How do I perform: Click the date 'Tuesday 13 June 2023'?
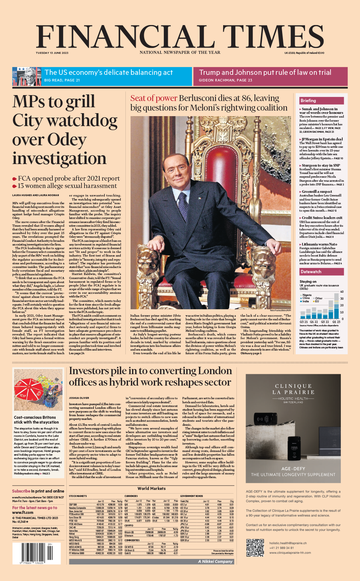[x=52, y=53]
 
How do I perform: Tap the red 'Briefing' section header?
[x=308, y=101]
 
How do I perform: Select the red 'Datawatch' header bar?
[x=311, y=272]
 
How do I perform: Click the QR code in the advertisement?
[x=255, y=547]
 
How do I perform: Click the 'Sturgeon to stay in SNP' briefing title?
[x=321, y=166]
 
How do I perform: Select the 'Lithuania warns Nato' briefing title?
[x=319, y=244]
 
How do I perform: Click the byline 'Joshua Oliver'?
[x=79, y=398]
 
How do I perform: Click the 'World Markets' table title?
[x=152, y=488]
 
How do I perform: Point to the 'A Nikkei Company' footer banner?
[x=215, y=561]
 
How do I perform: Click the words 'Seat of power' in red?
[x=154, y=98]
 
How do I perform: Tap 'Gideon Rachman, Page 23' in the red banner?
[x=225, y=80]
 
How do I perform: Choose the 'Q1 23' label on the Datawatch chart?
[x=336, y=322]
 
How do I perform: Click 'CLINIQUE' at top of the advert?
[x=293, y=386]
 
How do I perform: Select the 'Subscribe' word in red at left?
[x=21, y=491]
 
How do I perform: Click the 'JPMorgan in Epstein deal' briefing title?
[x=322, y=139]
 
